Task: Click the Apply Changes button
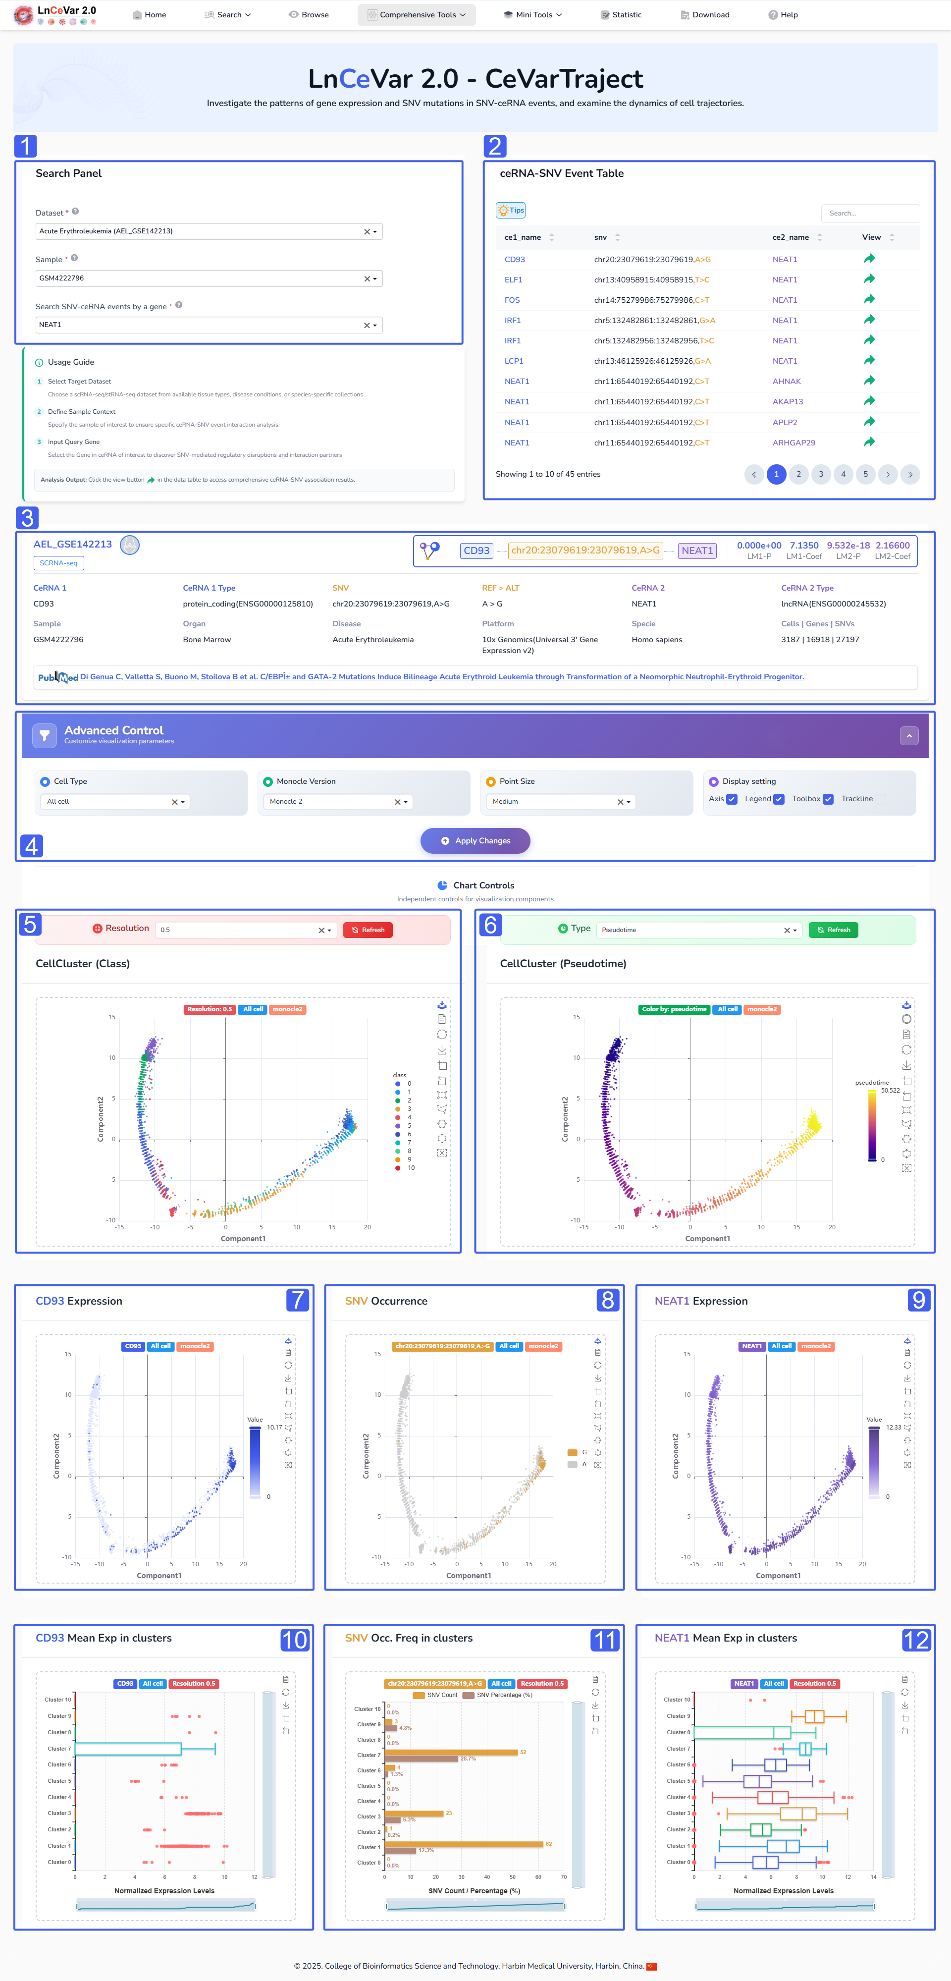(x=475, y=840)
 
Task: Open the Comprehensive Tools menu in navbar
(x=417, y=14)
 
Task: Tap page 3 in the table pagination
(x=820, y=475)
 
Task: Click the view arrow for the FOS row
(x=869, y=300)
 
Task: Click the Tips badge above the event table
(x=511, y=210)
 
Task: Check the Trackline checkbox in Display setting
(x=881, y=799)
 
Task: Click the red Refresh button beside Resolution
(x=368, y=930)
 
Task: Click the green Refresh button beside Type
(x=834, y=930)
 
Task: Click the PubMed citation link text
(x=441, y=677)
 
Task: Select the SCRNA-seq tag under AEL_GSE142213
(x=58, y=563)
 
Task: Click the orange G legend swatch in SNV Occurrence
(x=572, y=1453)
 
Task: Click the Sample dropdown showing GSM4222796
(x=209, y=278)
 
